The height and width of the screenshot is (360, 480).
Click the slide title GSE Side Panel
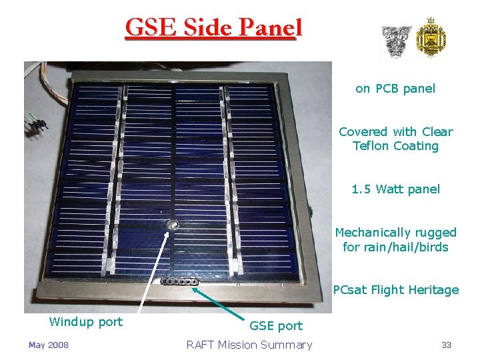click(x=213, y=28)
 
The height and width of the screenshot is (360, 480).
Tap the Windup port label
click(x=86, y=322)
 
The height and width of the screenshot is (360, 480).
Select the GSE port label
click(x=275, y=326)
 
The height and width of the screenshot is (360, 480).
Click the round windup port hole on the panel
click(x=173, y=226)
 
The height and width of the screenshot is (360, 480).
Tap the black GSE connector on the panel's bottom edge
click(x=179, y=281)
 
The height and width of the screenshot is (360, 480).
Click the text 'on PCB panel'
click(x=395, y=89)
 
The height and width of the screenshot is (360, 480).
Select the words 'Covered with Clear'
click(x=395, y=132)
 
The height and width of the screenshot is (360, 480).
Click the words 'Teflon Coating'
click(x=395, y=146)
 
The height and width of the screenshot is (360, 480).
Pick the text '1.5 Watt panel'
click(x=395, y=189)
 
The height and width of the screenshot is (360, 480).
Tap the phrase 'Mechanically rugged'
click(x=395, y=233)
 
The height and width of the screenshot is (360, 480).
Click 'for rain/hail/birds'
click(x=395, y=247)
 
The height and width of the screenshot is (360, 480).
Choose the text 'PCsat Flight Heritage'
click(x=395, y=290)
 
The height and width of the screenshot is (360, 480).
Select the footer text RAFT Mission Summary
click(x=249, y=345)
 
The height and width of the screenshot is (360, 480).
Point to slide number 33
click(x=446, y=345)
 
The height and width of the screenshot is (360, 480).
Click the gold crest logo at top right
click(x=431, y=39)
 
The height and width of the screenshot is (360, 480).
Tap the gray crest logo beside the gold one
click(x=396, y=41)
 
